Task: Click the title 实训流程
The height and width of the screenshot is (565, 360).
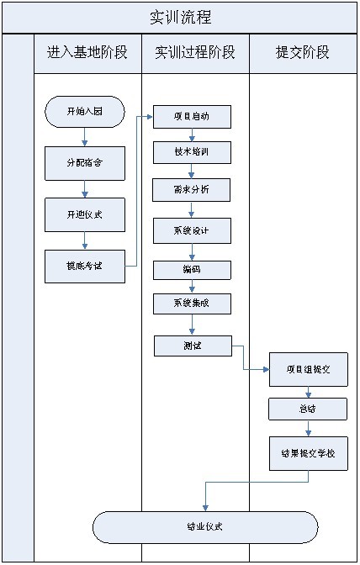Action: point(180,17)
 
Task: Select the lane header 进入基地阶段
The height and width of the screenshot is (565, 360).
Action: point(87,53)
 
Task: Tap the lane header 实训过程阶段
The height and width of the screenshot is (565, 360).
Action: point(195,53)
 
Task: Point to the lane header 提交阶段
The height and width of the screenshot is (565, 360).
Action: point(303,53)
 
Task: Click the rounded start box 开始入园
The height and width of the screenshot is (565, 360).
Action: point(85,111)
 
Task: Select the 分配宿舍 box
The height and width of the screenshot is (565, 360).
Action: point(85,162)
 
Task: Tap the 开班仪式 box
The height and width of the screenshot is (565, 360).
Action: point(85,214)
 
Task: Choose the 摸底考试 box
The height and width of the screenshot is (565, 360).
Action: point(85,266)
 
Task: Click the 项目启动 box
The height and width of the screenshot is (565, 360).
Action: point(192,116)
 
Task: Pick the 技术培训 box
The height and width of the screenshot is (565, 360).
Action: point(192,152)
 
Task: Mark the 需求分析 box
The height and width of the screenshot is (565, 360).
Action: point(192,190)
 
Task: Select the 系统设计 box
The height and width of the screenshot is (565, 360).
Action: point(192,230)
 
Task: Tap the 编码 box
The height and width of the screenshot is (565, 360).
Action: point(192,270)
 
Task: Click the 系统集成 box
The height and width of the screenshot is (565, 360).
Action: point(192,304)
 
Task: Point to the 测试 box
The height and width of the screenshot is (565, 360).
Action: point(192,345)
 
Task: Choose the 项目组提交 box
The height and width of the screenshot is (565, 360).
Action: point(308,369)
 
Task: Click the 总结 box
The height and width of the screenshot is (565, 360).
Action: point(308,409)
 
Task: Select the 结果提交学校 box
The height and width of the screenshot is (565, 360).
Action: point(308,452)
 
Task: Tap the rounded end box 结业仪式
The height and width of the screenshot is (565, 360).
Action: point(205,527)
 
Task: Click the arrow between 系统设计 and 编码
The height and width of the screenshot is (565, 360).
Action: point(192,251)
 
